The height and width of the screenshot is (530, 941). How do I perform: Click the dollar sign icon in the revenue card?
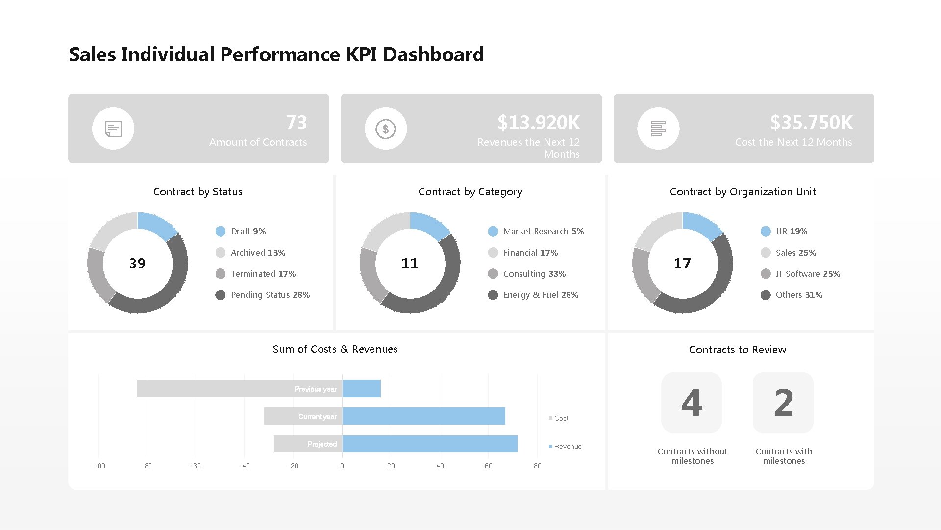point(386,129)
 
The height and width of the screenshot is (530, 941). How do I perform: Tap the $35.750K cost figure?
point(811,122)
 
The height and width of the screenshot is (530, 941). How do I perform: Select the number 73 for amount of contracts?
point(296,122)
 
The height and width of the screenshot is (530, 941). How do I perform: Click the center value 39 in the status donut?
point(137,264)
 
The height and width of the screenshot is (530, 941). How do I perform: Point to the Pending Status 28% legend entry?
point(270,295)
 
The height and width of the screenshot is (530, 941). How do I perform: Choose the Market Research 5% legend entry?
point(543,231)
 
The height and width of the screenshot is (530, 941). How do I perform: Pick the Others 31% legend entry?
point(798,295)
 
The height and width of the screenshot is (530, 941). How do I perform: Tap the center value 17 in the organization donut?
point(682,264)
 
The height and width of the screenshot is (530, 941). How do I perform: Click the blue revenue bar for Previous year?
point(362,389)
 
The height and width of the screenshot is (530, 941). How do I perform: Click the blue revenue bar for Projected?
point(430,444)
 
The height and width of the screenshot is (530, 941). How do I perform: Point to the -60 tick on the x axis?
point(196,466)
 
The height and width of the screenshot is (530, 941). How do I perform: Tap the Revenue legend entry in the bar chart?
point(567,446)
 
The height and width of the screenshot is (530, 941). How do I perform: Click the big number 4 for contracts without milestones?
point(692,403)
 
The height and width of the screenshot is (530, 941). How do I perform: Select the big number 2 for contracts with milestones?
point(783,403)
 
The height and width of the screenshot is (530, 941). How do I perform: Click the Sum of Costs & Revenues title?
point(335,349)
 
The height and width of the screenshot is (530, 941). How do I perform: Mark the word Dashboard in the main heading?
point(433,54)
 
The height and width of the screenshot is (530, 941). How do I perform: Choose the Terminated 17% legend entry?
point(263,274)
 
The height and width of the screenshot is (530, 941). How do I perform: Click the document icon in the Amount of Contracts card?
point(113,129)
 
